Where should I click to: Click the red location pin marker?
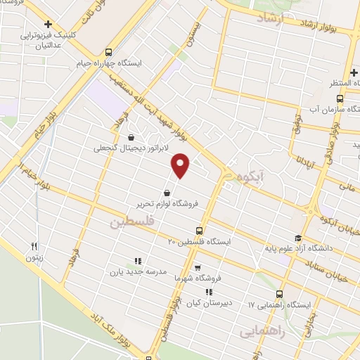pos(181,165)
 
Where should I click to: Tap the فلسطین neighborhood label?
pos(131,222)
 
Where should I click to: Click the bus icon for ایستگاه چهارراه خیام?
pos(108,51)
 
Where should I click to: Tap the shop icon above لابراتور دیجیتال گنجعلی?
pos(131,138)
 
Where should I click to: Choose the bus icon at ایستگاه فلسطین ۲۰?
pos(200,231)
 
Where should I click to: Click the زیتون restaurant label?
pos(34,257)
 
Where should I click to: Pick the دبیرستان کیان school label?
pos(208,303)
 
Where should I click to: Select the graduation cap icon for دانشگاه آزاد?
pos(297,238)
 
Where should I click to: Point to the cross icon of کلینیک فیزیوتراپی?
pos(48,24)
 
